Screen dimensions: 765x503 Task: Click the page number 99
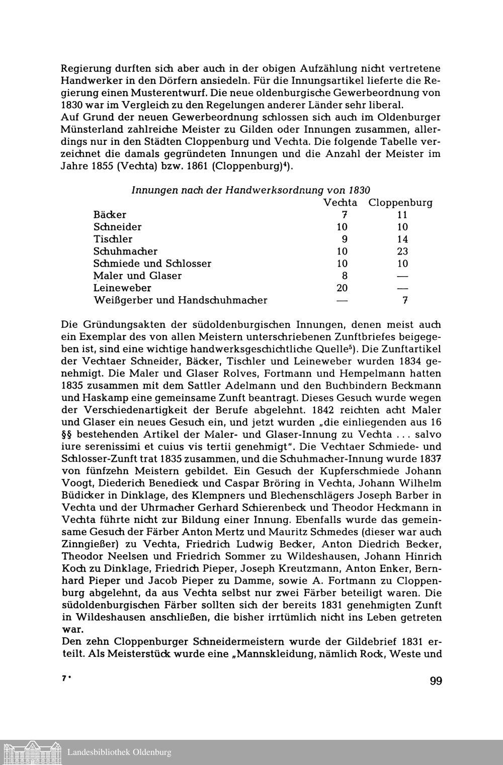[x=436, y=681]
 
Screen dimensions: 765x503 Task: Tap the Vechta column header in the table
[x=340, y=203]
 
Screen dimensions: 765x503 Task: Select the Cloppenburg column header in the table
[x=400, y=203]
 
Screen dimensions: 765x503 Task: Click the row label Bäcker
[x=110, y=215]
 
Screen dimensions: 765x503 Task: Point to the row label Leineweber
[x=122, y=288]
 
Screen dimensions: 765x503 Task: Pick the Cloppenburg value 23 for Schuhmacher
[x=402, y=251]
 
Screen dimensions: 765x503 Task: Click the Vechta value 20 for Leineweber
[x=342, y=288]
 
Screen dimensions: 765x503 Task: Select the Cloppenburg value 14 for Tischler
[x=402, y=239]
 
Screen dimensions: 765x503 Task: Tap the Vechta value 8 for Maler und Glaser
[x=345, y=276]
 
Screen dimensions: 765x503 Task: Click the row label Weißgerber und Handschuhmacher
[x=180, y=300]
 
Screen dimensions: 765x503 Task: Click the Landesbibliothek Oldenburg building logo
[x=31, y=752]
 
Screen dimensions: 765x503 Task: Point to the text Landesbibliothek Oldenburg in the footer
[x=119, y=752]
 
